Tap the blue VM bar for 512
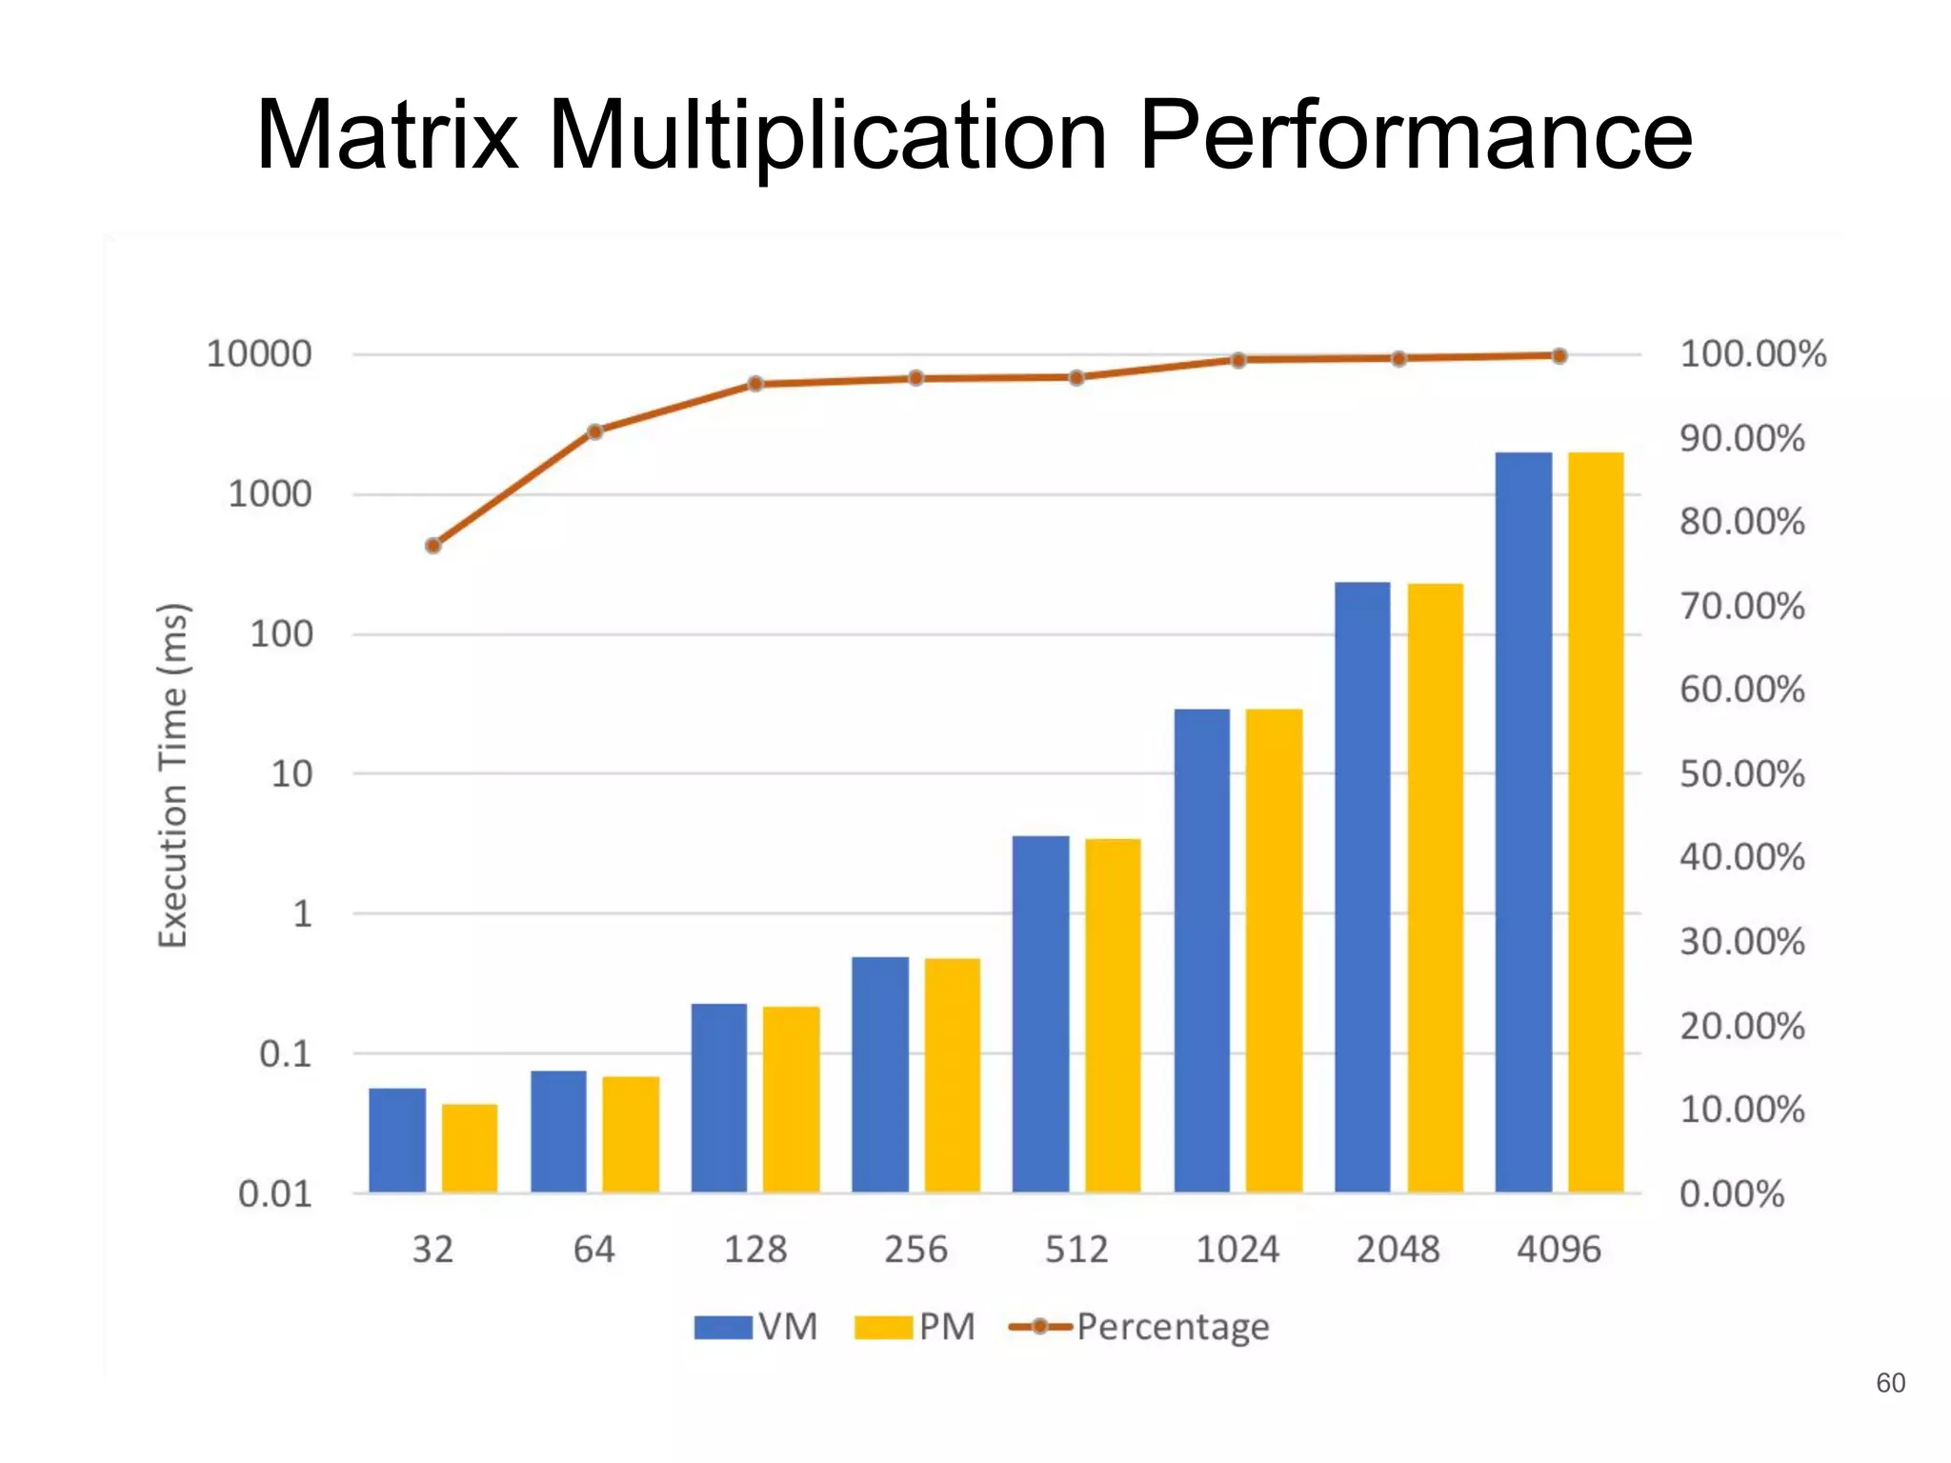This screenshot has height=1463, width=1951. pyautogui.click(x=1040, y=1013)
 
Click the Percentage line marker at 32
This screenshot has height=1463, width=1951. pyautogui.click(x=433, y=546)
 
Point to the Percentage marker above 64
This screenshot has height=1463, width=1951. pyautogui.click(x=594, y=431)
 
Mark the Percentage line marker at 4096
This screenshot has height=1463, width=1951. pyautogui.click(x=1559, y=356)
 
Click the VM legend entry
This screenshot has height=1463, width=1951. pyautogui.click(x=756, y=1327)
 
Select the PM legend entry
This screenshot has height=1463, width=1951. pyautogui.click(x=915, y=1327)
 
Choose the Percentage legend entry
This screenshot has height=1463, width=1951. pyautogui.click(x=1139, y=1327)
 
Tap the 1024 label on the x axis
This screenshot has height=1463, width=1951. pyautogui.click(x=1237, y=1249)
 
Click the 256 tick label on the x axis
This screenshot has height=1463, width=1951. pyautogui.click(x=915, y=1249)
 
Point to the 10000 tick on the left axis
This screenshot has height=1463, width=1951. pyautogui.click(x=259, y=354)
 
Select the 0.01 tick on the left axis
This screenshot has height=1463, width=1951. pyautogui.click(x=274, y=1193)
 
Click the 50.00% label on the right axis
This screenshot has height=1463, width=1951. pyautogui.click(x=1741, y=773)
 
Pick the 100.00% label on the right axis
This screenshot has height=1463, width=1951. pyautogui.click(x=1752, y=354)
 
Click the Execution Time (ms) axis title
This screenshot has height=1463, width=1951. pyautogui.click(x=173, y=775)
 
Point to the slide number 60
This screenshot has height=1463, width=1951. pyautogui.click(x=1890, y=1382)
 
